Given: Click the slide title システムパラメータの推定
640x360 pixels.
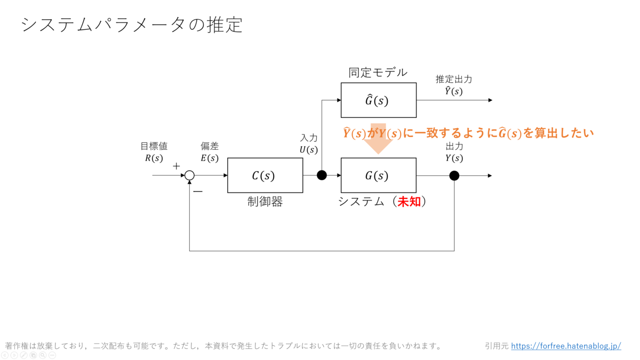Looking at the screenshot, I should (x=132, y=25).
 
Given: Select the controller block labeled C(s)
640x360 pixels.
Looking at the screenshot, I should (x=265, y=175).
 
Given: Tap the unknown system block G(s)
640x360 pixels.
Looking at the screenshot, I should (x=378, y=175).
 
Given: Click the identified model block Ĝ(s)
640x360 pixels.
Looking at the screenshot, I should (x=378, y=100).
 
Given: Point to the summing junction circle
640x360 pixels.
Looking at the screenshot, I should (x=189, y=175).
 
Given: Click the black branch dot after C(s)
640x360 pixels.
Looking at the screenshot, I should (x=322, y=175).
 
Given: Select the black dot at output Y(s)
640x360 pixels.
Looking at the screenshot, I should (x=454, y=175).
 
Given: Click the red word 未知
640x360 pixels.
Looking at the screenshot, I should (x=409, y=202).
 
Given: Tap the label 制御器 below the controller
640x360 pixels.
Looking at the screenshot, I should (x=265, y=202).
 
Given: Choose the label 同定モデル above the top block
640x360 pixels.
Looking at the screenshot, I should (x=378, y=73).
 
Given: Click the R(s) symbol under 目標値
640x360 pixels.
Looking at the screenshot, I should (x=154, y=158).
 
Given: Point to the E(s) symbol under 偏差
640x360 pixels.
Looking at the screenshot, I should (x=210, y=158).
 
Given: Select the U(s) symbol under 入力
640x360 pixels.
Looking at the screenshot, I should (x=308, y=150).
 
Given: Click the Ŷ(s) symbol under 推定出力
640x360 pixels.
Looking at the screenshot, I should (x=454, y=91).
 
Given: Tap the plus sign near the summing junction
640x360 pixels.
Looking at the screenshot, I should (x=177, y=166).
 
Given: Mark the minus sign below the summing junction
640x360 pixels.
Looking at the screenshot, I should (x=198, y=191).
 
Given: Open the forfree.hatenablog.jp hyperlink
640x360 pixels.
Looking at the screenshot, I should (x=566, y=346).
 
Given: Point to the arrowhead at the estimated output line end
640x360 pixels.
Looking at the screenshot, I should (x=490, y=100).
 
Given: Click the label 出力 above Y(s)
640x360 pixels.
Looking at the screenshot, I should (x=454, y=146).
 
